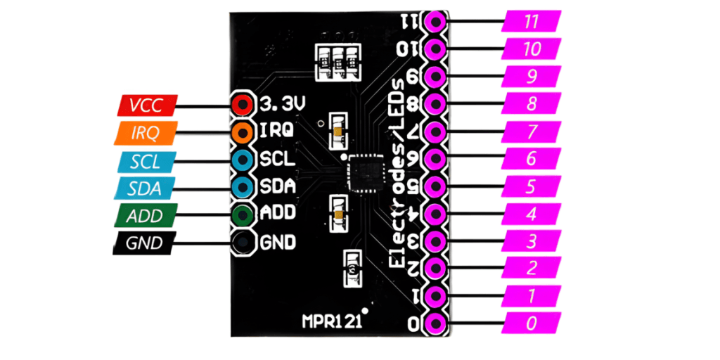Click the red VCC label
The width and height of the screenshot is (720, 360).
[146, 105]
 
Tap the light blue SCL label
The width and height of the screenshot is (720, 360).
[146, 161]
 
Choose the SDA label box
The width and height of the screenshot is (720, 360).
[146, 188]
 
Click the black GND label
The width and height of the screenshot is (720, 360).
[146, 243]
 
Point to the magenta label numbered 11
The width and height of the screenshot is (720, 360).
[532, 21]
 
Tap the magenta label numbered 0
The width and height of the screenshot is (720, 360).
[532, 323]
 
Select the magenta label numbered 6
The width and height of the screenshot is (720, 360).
[532, 159]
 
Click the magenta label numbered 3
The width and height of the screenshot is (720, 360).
[532, 241]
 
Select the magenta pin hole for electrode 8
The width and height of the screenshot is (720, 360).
[436, 104]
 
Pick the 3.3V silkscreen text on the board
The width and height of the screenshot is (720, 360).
[283, 105]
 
